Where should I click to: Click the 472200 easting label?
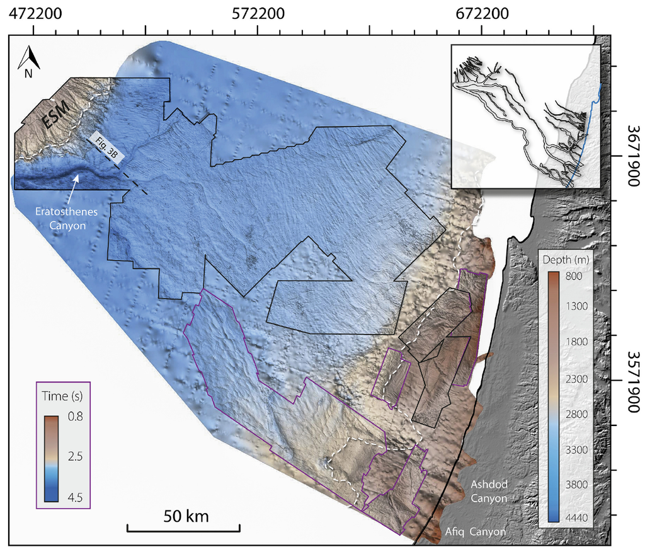pos(33,13)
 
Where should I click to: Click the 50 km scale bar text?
pos(186,516)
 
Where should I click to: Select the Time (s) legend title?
pos(64,397)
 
